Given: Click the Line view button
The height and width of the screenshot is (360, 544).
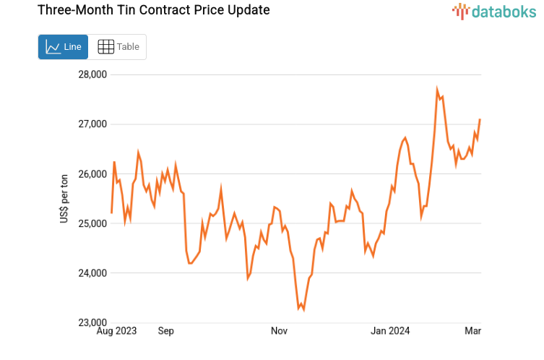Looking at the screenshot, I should pyautogui.click(x=63, y=47).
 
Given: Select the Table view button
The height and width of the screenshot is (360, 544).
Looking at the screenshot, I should pyautogui.click(x=118, y=47).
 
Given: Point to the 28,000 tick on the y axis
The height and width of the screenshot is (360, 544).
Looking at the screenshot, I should pyautogui.click(x=92, y=74).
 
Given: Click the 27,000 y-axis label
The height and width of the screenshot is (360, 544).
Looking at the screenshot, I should pyautogui.click(x=92, y=124).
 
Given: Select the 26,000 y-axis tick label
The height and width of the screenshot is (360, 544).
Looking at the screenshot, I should pyautogui.click(x=92, y=174).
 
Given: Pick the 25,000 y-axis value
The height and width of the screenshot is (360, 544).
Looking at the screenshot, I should pyautogui.click(x=92, y=223).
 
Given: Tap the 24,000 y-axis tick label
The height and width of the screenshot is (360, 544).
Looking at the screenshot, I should pyautogui.click(x=92, y=273).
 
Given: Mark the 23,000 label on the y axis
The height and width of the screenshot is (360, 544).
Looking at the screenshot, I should pyautogui.click(x=92, y=322).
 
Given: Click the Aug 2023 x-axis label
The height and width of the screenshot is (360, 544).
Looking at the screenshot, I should pyautogui.click(x=116, y=331).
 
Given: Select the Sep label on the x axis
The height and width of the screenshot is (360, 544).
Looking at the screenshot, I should pyautogui.click(x=165, y=331).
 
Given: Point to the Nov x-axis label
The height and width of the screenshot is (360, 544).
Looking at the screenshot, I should pyautogui.click(x=280, y=331).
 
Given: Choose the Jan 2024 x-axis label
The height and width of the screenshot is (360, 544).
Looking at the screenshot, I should pyautogui.click(x=390, y=331).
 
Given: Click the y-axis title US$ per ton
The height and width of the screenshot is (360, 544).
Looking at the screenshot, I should pyautogui.click(x=64, y=198).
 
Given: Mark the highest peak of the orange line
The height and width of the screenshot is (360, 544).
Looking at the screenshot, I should pyautogui.click(x=437, y=90).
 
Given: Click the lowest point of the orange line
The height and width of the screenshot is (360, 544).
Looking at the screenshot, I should pyautogui.click(x=303, y=310).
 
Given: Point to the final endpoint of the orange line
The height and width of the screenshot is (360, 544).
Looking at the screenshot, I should pyautogui.click(x=480, y=119).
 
